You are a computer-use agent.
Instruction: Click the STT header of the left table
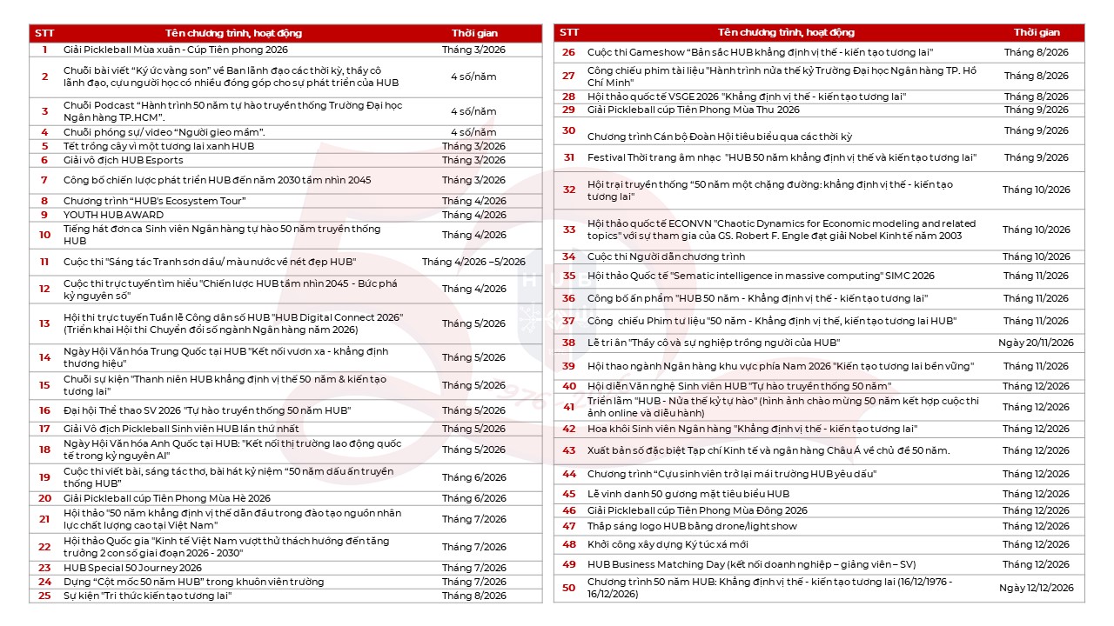coord(44,33)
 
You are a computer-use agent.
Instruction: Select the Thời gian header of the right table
coord(1036,32)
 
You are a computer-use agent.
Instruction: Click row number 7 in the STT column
coord(44,180)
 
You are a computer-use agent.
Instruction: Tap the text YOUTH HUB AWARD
coord(113,215)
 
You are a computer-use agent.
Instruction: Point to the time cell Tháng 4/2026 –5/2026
coord(473,262)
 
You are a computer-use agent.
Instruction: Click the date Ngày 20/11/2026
coord(1036,343)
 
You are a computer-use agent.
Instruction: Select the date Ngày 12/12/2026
coord(1036,588)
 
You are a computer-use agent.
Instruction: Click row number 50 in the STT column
coord(569,588)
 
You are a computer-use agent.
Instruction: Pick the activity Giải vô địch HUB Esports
coord(124,160)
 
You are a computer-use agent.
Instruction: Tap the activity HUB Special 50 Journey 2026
coord(132,568)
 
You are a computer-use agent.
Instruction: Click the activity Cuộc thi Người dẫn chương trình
coord(666,256)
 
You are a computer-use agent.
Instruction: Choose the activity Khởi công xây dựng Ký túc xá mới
coord(668,544)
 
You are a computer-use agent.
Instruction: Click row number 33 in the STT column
coord(569,230)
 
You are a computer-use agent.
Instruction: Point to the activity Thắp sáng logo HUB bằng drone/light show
coord(692,526)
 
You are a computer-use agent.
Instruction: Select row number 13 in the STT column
coord(44,323)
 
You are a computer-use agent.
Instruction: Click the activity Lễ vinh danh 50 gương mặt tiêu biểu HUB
coord(688,494)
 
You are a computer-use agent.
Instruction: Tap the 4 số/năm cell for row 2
coord(473,77)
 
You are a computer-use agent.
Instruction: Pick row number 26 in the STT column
coord(569,52)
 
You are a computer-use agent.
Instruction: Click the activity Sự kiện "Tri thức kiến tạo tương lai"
coord(147,596)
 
